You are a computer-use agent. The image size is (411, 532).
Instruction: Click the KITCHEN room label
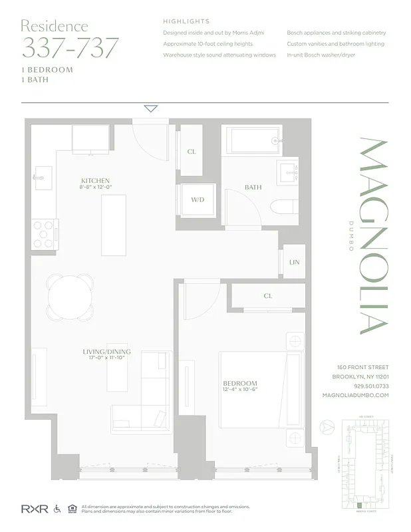point(95,181)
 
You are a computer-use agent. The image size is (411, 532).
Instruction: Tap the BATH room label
point(253,188)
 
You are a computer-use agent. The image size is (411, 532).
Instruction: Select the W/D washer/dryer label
point(198,199)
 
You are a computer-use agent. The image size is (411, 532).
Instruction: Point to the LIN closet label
point(294,262)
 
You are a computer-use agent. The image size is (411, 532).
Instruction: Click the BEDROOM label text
point(240,384)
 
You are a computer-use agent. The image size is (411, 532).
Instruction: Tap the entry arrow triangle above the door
point(151,108)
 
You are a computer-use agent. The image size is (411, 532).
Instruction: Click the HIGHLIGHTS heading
point(186,21)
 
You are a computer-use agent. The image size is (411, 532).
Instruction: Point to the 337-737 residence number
point(70,49)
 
